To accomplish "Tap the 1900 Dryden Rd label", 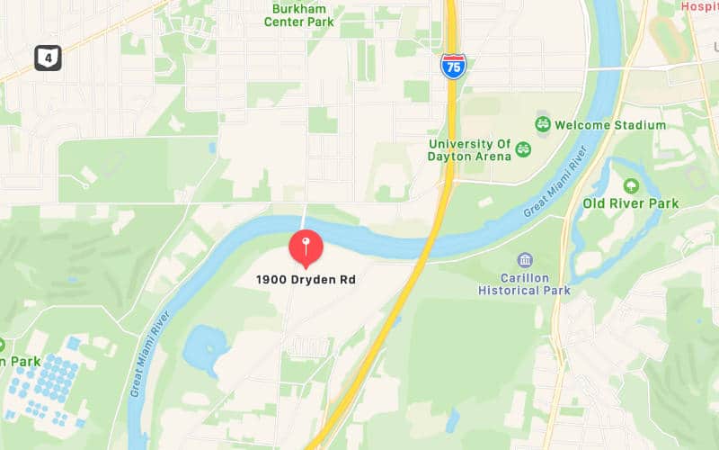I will click(x=306, y=280).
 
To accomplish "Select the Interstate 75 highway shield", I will click(x=453, y=66).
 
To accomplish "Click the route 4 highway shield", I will click(x=48, y=58).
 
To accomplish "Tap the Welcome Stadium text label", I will click(x=610, y=125).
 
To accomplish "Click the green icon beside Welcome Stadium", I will click(x=542, y=124).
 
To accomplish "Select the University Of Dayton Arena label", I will click(x=469, y=150).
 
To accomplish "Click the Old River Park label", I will click(x=630, y=203).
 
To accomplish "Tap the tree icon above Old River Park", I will click(x=630, y=185).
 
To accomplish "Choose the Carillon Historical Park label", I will click(x=524, y=284).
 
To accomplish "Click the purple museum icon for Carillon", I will click(x=525, y=261).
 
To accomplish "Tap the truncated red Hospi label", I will click(x=699, y=5).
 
